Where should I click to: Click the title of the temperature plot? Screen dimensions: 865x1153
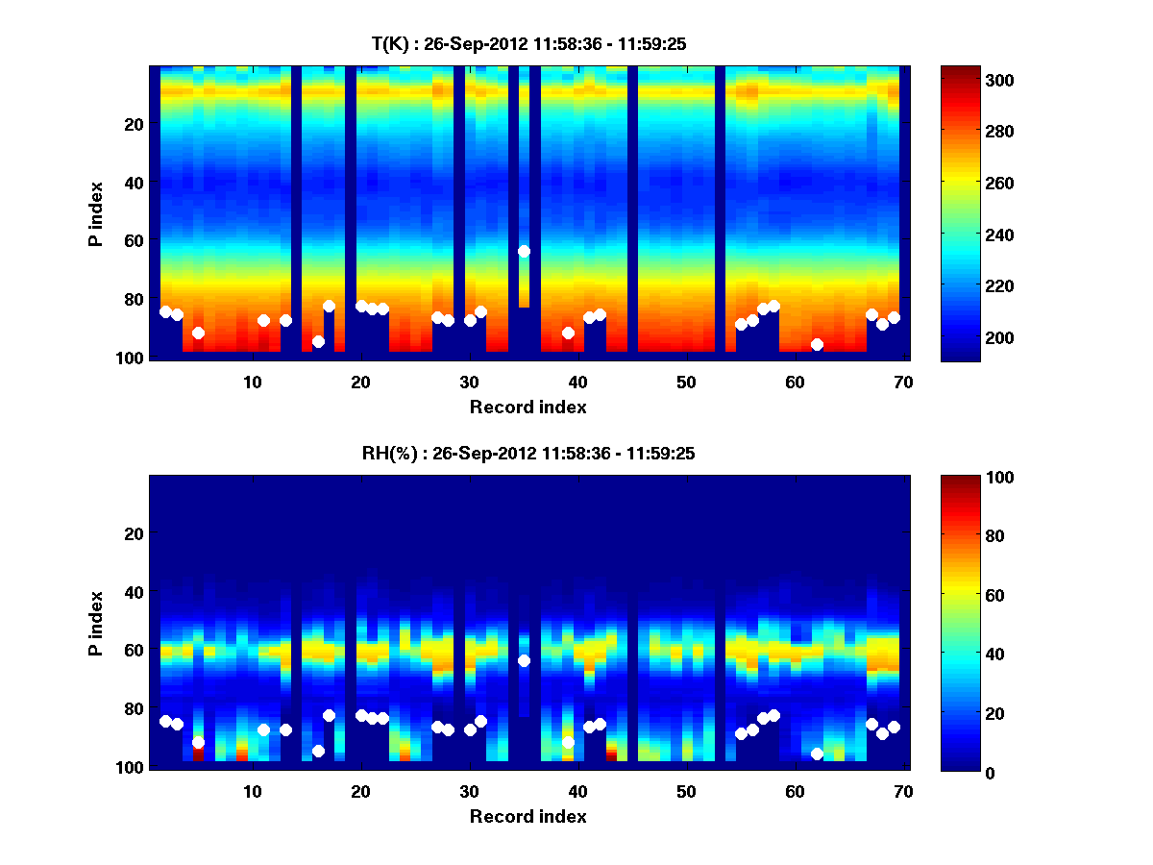pos(527,43)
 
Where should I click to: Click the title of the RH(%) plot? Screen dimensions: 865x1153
pos(527,453)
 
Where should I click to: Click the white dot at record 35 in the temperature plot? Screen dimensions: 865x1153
pos(524,251)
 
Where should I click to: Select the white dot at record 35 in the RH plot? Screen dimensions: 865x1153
pos(524,660)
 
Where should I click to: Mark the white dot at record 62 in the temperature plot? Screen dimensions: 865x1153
pos(817,344)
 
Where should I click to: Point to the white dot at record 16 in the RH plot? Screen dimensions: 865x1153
pos(318,751)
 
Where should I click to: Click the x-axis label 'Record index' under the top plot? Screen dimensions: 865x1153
pos(527,407)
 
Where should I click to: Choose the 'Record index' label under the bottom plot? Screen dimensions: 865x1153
pos(527,816)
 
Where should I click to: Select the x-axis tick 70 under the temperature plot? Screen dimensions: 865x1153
pos(903,382)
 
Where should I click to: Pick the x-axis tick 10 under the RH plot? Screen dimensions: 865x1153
pos(253,791)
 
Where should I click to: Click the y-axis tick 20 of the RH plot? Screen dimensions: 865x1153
pos(134,533)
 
